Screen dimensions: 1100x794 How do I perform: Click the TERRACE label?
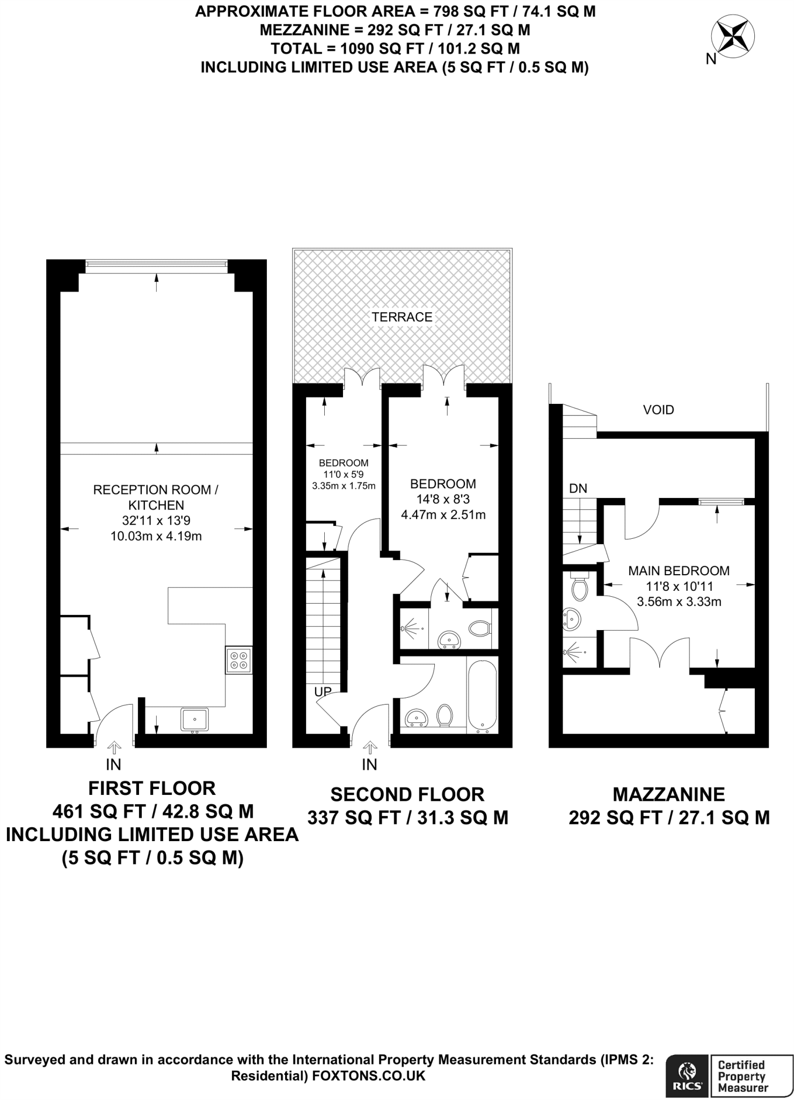[x=402, y=317]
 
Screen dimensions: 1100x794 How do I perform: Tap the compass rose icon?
[x=732, y=37]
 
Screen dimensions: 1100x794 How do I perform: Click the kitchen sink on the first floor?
[x=195, y=719]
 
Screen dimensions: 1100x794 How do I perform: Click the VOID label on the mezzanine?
[x=658, y=410]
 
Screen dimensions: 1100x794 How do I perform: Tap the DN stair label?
[x=578, y=488]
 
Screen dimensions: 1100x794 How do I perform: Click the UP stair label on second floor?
[x=323, y=691]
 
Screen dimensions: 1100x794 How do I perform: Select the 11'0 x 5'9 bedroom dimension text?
[x=344, y=474]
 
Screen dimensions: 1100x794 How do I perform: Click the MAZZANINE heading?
[x=669, y=794]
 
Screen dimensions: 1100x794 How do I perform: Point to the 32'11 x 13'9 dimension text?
[x=156, y=520]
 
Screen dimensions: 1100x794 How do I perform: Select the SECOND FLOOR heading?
[x=407, y=794]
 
